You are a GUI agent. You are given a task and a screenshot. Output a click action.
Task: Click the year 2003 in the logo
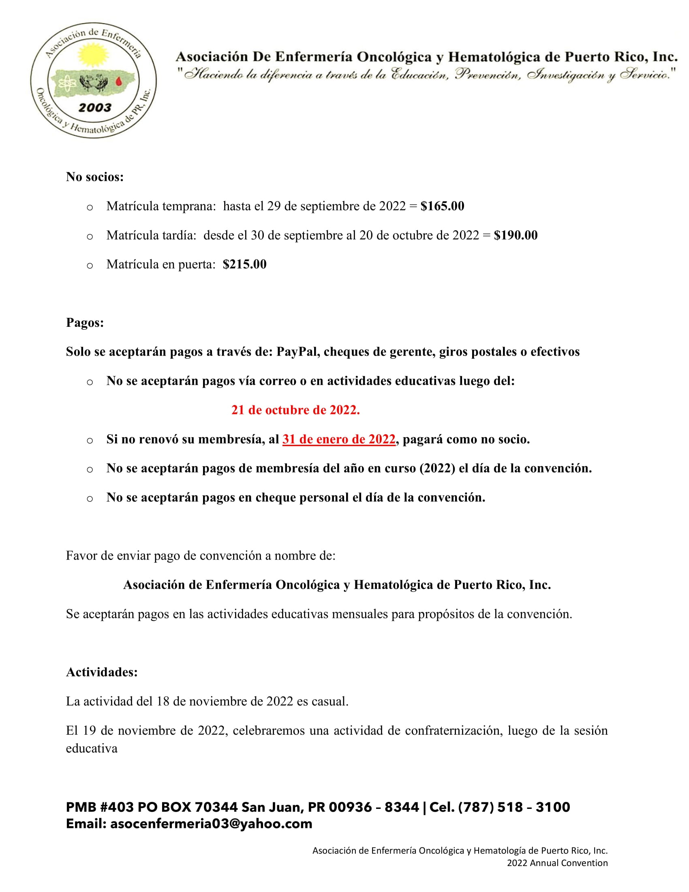[x=95, y=107]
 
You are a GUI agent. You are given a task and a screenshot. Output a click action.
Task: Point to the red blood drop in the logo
[x=119, y=81]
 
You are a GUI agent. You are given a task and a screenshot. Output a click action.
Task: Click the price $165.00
[x=442, y=206]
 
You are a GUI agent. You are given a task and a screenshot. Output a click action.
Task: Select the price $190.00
[x=516, y=235]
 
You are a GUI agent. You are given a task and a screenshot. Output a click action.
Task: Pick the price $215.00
[x=244, y=264]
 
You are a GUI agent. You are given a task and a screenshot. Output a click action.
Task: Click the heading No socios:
[x=95, y=177]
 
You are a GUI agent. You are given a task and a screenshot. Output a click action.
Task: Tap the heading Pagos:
[x=85, y=323]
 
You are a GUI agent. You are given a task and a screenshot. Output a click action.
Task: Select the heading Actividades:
[x=102, y=672]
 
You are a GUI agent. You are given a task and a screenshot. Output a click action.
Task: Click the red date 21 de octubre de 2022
[x=295, y=410]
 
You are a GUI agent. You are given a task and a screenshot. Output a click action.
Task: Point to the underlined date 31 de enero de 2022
[x=339, y=439]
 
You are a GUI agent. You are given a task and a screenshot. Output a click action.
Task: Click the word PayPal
[x=298, y=352]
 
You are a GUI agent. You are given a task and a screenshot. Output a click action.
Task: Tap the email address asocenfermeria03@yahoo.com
[x=211, y=824]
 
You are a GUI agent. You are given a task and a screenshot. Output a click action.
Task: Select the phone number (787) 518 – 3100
[x=514, y=807]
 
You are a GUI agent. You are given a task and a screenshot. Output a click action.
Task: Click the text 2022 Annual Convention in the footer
[x=557, y=863]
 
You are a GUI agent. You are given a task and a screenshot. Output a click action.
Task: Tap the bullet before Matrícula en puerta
[x=90, y=266]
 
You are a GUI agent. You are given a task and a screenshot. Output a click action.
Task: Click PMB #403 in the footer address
[x=100, y=807]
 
